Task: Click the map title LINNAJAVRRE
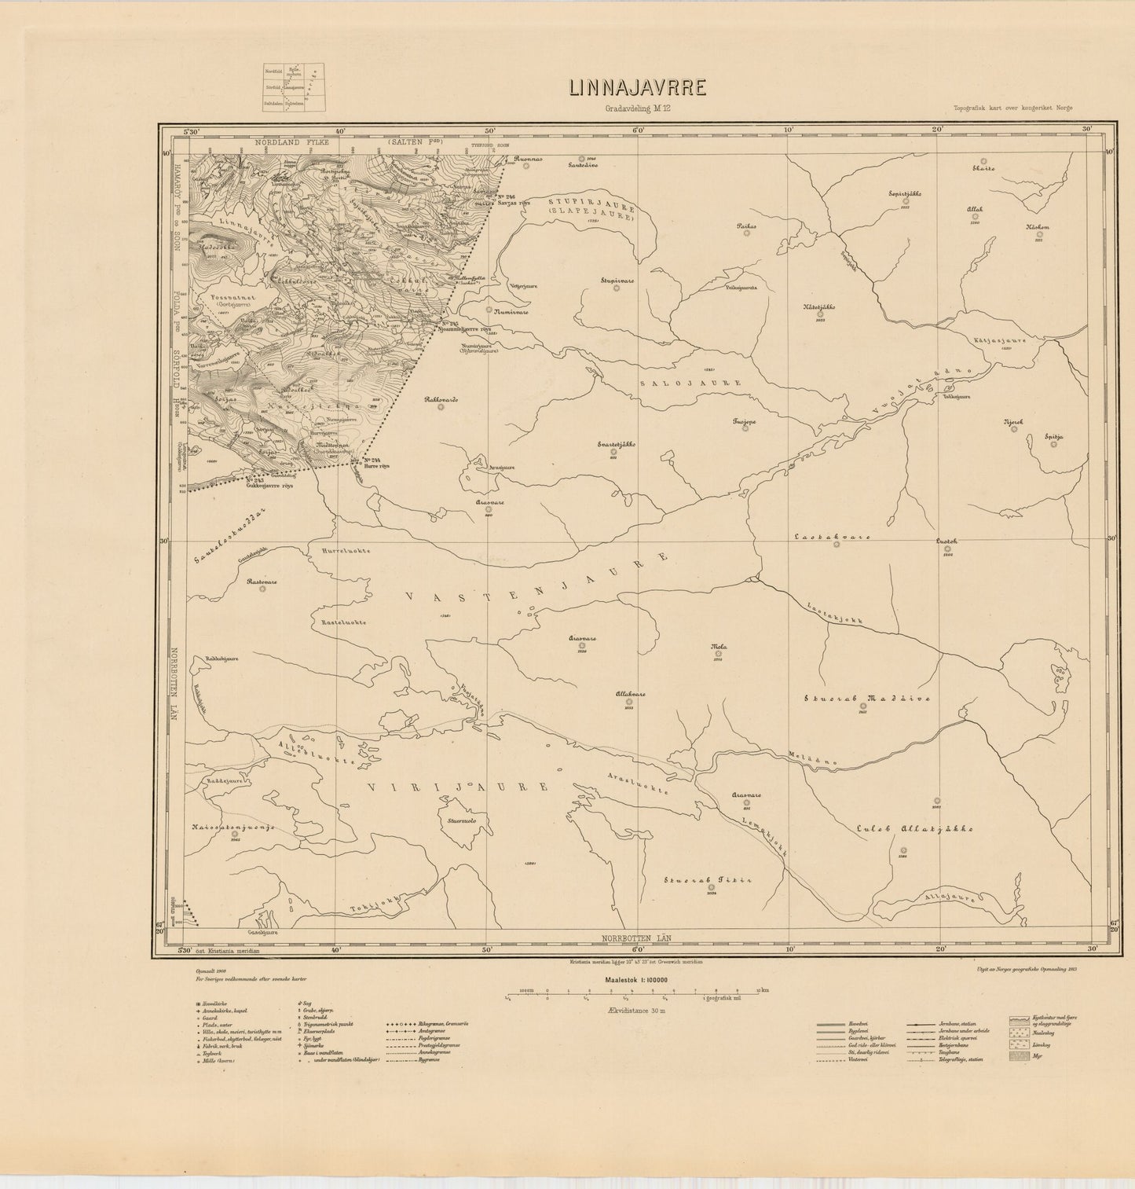coord(637,87)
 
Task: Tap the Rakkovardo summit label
coord(441,399)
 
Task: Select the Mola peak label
coord(717,648)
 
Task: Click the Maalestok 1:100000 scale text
coord(635,980)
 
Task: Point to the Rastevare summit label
coord(262,582)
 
